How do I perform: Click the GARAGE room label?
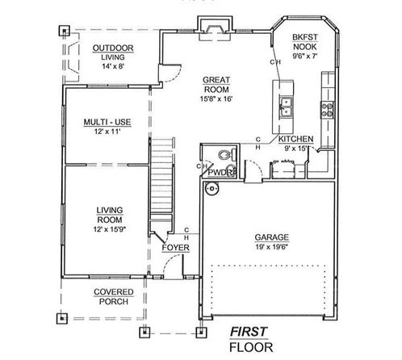coord(271,237)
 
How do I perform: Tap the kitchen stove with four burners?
coord(327,110)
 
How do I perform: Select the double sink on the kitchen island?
coord(285,107)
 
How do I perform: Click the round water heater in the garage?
coord(211,189)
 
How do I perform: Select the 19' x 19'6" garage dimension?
coord(272,247)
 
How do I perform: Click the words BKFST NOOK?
coord(305,42)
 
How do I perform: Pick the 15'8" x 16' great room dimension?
coord(216,98)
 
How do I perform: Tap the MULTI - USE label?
coord(107,122)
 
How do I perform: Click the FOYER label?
coord(175,248)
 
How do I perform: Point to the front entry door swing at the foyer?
coord(174,266)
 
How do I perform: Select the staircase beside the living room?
coord(161,180)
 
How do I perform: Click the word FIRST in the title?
coord(249,332)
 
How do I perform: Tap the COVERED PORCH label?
coord(114,297)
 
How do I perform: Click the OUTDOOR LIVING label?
coord(113,52)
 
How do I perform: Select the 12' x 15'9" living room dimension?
coord(110,229)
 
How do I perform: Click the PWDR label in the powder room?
coord(221,173)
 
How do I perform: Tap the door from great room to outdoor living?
coord(170,73)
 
